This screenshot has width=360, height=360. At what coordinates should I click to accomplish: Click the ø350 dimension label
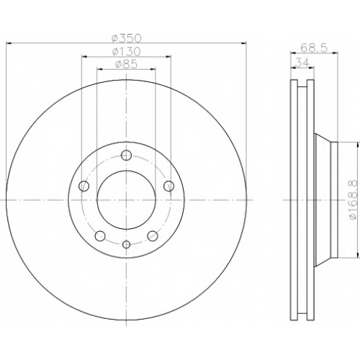pos(127,38)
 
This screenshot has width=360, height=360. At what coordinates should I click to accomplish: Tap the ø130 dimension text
pos(126,51)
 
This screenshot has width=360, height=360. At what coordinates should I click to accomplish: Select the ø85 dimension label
pos(126,64)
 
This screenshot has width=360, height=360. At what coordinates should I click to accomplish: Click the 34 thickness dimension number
pos(302,63)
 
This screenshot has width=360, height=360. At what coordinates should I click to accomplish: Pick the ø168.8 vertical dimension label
pos(354,200)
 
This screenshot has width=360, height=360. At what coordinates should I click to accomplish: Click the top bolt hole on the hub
pos(126,155)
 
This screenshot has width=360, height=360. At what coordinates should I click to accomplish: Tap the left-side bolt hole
pos(84,186)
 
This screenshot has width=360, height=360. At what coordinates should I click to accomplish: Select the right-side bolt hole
pos(169,186)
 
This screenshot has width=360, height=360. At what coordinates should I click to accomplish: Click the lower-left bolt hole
pos(100,235)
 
